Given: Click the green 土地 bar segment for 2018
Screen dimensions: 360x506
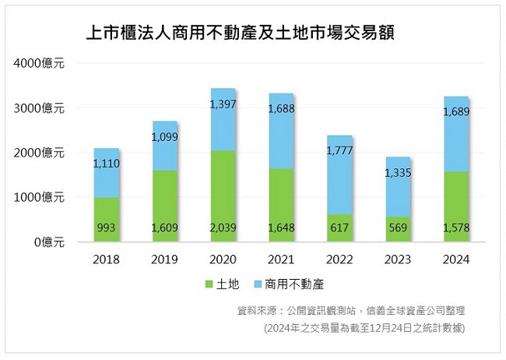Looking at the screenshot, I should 107,220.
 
